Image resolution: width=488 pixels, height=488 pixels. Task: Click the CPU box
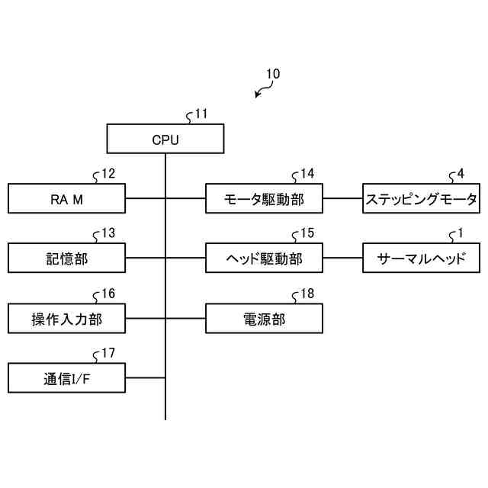click(165, 139)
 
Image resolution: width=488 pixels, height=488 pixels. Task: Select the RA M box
click(66, 198)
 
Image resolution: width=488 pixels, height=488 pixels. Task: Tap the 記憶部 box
click(66, 258)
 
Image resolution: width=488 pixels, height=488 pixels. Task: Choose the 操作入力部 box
click(66, 319)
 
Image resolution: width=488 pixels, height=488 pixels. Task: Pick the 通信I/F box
click(66, 378)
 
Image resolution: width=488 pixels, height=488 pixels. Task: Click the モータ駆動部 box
click(265, 198)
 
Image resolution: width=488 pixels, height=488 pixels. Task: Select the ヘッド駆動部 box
click(265, 258)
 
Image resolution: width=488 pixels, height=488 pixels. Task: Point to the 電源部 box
click(265, 319)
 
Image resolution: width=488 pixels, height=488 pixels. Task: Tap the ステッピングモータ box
click(422, 198)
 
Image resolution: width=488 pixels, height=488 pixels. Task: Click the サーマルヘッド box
click(422, 258)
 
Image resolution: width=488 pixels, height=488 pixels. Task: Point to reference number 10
click(273, 74)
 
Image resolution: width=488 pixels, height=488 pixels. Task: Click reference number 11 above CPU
click(201, 114)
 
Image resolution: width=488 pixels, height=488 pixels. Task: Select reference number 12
click(108, 174)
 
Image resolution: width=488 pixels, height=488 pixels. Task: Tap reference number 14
click(307, 174)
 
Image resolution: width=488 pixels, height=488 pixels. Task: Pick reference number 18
click(307, 294)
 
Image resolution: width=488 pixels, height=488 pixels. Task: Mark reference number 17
click(108, 353)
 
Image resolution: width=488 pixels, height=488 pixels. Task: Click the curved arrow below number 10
click(263, 89)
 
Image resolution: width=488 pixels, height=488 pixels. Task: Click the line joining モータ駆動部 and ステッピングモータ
click(342, 198)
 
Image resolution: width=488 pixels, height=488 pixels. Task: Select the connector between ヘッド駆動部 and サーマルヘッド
click(342, 258)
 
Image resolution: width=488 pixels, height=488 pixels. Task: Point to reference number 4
click(461, 174)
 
